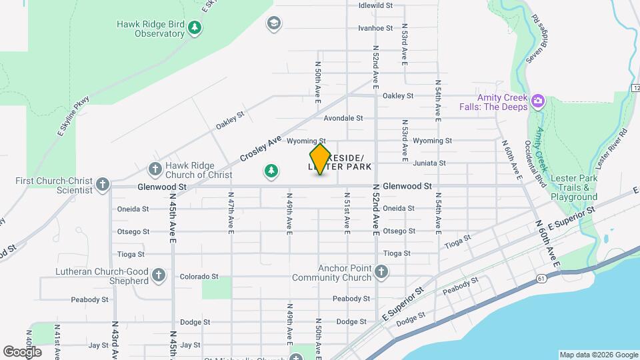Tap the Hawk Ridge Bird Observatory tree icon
(x=194, y=28)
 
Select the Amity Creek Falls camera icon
(x=538, y=101)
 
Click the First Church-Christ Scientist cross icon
(x=102, y=184)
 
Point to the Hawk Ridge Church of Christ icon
(x=155, y=169)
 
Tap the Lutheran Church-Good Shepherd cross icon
(x=158, y=275)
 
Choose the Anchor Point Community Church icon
(x=381, y=271)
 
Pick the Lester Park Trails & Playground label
(x=573, y=188)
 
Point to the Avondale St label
(x=343, y=118)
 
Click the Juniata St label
(x=429, y=163)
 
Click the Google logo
(x=22, y=351)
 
